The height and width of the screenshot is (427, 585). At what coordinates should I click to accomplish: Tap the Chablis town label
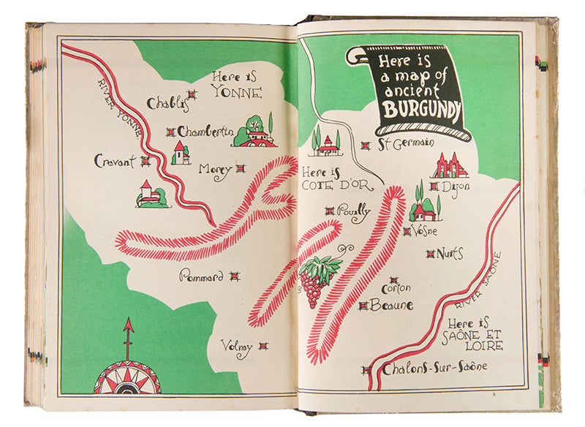(x=167, y=104)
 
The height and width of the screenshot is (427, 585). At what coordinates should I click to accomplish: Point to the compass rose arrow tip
(x=129, y=322)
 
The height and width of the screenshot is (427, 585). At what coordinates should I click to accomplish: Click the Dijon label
(x=456, y=186)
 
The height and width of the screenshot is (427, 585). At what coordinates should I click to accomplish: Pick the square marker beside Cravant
(x=146, y=161)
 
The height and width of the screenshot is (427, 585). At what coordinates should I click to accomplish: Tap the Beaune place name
(x=391, y=305)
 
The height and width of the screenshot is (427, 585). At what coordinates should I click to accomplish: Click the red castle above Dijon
(x=450, y=166)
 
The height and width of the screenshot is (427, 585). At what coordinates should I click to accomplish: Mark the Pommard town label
(x=201, y=277)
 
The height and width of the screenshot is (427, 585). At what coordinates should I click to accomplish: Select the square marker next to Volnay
(x=263, y=346)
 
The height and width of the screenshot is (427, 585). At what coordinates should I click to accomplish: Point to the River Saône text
(x=477, y=282)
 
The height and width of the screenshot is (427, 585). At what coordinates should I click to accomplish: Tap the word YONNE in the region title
(x=235, y=91)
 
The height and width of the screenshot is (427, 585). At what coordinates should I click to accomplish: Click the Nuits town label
(x=450, y=254)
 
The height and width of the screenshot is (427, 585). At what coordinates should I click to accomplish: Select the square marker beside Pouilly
(x=329, y=211)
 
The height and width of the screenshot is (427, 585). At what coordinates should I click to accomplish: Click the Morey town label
(x=214, y=169)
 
